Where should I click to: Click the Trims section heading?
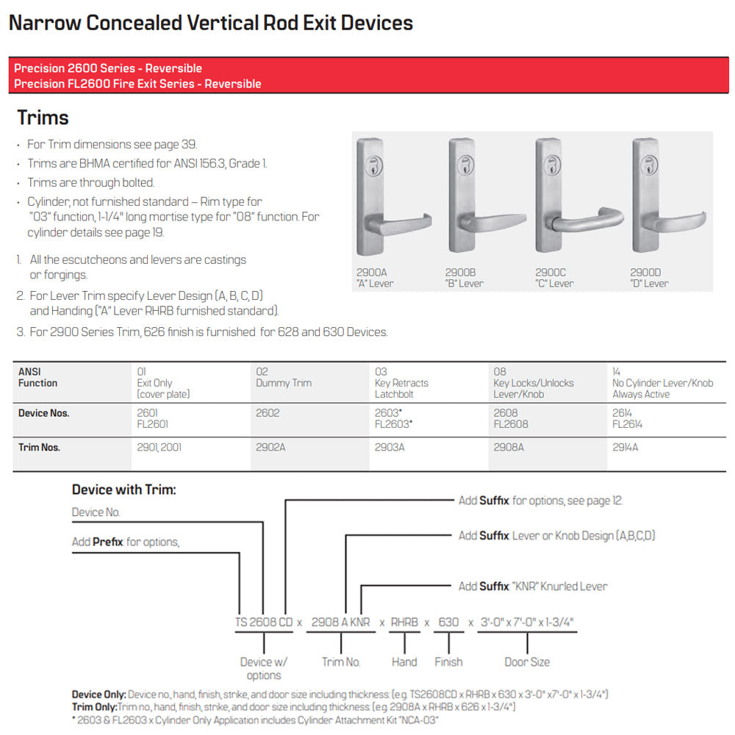click(43, 118)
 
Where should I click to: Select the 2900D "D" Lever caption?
click(649, 278)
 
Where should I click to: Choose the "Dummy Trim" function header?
click(284, 378)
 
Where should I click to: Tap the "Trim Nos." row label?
click(39, 447)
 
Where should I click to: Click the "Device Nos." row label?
click(43, 413)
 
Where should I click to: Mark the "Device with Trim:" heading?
click(124, 490)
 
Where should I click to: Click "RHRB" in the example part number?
click(404, 622)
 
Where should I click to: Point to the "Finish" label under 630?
click(448, 661)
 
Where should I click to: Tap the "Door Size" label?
click(527, 661)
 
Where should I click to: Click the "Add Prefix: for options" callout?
click(126, 542)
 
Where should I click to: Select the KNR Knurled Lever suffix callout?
click(533, 586)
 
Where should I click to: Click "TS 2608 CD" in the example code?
click(264, 622)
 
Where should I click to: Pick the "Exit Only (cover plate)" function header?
click(163, 383)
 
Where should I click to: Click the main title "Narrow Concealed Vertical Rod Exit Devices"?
click(211, 23)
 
